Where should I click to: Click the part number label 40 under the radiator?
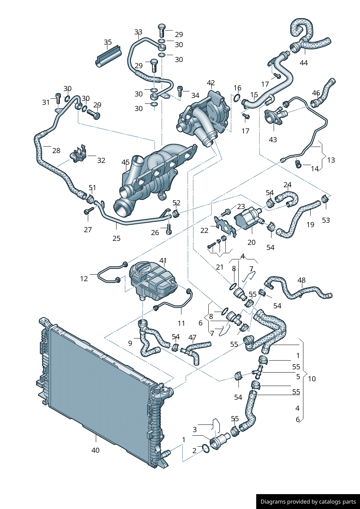95,450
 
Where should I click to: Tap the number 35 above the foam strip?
108,42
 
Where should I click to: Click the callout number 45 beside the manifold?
126,162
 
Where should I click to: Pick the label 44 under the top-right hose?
304,63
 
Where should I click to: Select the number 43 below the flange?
273,140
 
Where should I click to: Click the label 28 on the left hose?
56,151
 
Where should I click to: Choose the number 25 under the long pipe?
116,238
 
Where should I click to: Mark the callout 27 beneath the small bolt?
88,230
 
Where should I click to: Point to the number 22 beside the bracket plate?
204,230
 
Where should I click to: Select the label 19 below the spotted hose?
310,225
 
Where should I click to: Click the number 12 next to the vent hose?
84,279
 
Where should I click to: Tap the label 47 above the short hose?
192,338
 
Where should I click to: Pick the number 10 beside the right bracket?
312,379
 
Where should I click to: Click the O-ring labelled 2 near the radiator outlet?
205,449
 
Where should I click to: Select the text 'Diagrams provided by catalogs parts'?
308,502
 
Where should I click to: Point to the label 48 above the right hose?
301,280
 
